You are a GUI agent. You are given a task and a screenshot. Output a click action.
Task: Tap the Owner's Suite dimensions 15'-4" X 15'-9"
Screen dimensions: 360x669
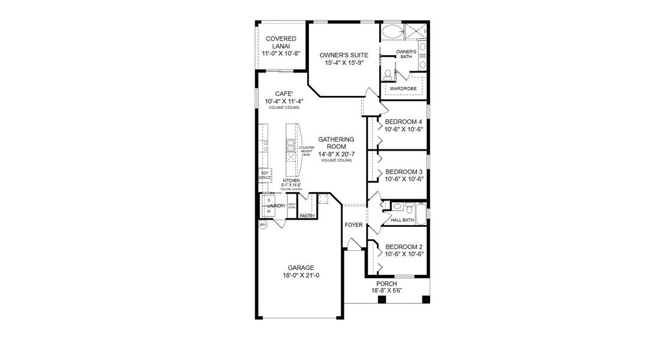pyautogui.click(x=343, y=62)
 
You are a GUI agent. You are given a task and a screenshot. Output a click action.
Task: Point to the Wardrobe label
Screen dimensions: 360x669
pyautogui.click(x=403, y=88)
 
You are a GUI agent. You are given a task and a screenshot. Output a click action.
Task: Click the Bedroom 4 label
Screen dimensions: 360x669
pyautogui.click(x=404, y=122)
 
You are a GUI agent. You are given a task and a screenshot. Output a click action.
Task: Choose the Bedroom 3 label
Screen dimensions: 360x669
pyautogui.click(x=404, y=171)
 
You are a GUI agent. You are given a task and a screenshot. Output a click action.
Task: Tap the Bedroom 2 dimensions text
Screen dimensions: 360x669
pyautogui.click(x=404, y=254)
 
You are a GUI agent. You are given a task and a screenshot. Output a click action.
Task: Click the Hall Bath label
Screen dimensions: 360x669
pyautogui.click(x=402, y=220)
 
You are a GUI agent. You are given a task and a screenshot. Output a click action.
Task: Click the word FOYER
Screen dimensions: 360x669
pyautogui.click(x=353, y=226)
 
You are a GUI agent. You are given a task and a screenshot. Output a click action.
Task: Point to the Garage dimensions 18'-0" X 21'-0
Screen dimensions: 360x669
pyautogui.click(x=301, y=275)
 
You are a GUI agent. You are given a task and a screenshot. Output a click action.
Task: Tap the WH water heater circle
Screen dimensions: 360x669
pyautogui.click(x=262, y=225)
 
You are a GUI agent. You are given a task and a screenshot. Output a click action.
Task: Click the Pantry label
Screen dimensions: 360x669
pyautogui.click(x=307, y=215)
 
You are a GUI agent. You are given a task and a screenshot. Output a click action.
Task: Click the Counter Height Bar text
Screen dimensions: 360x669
pyautogui.click(x=307, y=151)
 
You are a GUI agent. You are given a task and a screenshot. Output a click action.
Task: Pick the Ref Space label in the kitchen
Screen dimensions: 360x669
pyautogui.click(x=265, y=175)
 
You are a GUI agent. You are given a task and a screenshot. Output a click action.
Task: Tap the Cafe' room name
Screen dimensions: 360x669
pyautogui.click(x=283, y=94)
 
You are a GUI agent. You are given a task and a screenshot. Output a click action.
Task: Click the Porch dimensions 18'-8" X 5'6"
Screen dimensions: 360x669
pyautogui.click(x=386, y=290)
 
